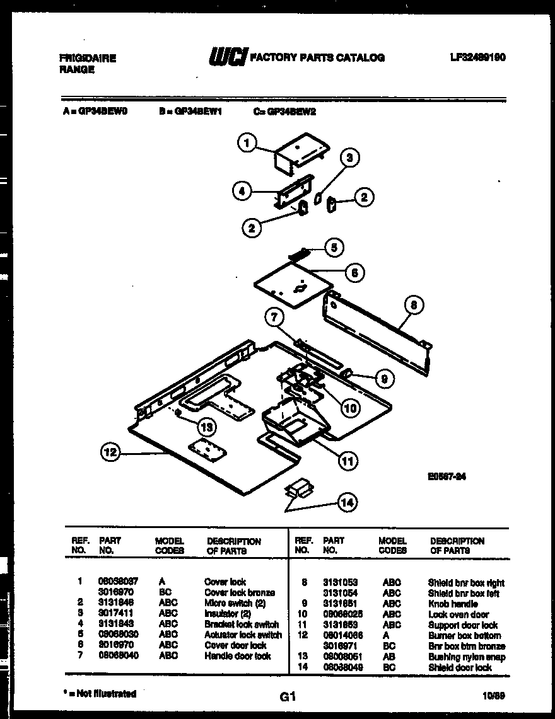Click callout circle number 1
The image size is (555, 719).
(248, 144)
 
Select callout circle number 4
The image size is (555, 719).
(242, 192)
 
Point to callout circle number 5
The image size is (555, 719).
(334, 247)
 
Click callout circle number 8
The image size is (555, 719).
(413, 306)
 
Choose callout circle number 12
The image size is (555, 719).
(111, 452)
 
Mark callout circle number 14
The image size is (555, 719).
(346, 502)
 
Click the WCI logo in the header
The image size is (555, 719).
(228, 57)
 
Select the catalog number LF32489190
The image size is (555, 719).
(477, 57)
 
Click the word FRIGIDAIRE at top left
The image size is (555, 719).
(88, 58)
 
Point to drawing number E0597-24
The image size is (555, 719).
(447, 477)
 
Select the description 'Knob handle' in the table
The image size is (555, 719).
(452, 604)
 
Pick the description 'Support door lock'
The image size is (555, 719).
(462, 625)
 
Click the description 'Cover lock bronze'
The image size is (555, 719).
(239, 592)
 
